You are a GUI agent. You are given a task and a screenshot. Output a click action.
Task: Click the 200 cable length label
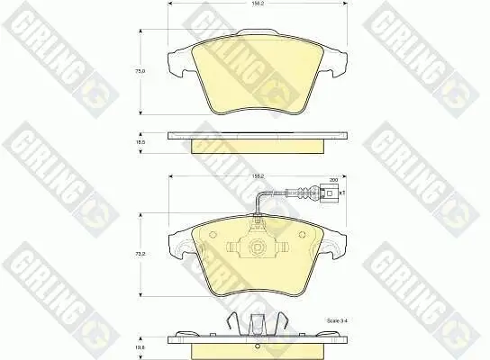pos(333,180)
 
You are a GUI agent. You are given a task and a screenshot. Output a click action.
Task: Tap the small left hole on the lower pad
pos(212,239)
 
